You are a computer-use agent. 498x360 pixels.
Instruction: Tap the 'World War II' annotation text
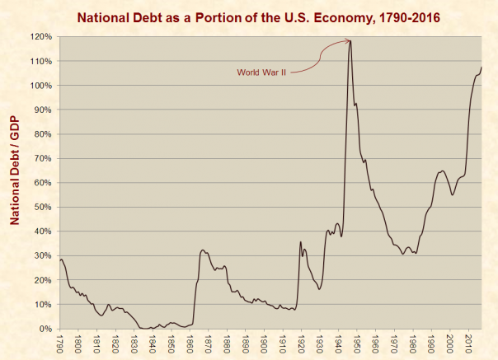coord(262,72)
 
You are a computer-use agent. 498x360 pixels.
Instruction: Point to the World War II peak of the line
coord(350,40)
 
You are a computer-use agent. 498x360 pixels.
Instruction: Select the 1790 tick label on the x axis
coord(59,342)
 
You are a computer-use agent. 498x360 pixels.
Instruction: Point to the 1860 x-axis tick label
coord(190,342)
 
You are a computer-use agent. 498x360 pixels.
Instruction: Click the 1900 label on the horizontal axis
coord(265,342)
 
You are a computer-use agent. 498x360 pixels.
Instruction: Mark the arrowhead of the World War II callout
coord(347,40)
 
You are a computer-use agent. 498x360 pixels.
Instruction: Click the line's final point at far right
coord(482,68)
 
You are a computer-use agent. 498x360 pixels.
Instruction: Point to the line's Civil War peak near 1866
coord(203,250)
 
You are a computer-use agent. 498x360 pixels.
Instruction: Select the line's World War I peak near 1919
coord(301,241)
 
